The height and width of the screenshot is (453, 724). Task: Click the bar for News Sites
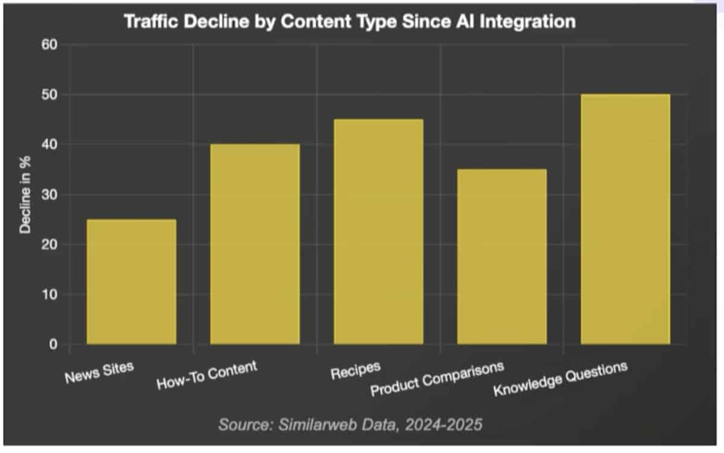pos(132,282)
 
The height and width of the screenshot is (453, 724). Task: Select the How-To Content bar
pos(255,244)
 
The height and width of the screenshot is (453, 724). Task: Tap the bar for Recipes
pos(378,232)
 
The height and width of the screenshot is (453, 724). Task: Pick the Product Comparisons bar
pos(502,256)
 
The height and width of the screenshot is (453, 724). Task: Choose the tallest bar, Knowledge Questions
pos(625,219)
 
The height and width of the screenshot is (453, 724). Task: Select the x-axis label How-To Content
pos(206,375)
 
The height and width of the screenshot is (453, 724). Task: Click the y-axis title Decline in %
pos(25,195)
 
